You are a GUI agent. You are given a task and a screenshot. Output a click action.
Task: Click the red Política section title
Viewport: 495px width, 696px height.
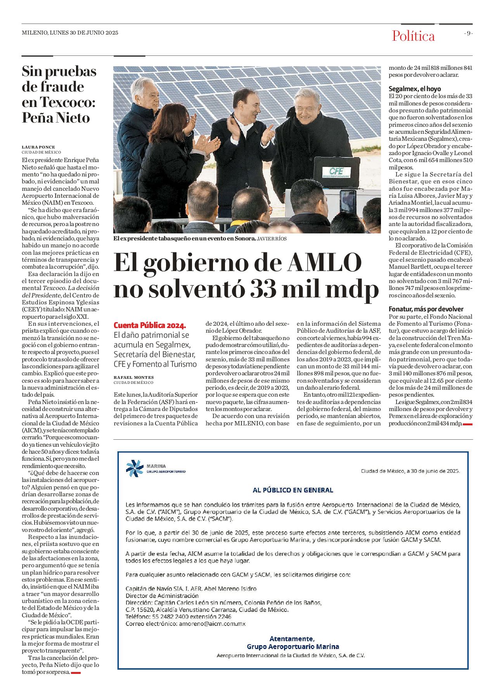[413, 36]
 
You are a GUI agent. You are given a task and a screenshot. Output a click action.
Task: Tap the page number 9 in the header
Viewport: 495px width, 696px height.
[469, 33]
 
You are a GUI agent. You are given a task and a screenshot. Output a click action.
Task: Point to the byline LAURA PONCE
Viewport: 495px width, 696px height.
[38, 147]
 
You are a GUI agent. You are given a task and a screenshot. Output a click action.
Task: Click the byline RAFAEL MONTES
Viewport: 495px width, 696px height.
[133, 377]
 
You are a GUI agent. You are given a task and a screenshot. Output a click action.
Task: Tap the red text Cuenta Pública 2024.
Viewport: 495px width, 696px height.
[150, 325]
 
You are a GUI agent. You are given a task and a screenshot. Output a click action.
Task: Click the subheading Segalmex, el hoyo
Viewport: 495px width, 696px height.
[415, 89]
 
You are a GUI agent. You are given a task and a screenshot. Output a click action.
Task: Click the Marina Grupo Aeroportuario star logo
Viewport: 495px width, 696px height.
[135, 468]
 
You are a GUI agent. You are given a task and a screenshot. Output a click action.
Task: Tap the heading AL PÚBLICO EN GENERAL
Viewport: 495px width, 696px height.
[293, 490]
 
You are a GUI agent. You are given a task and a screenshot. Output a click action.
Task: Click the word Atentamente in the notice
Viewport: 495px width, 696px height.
[292, 639]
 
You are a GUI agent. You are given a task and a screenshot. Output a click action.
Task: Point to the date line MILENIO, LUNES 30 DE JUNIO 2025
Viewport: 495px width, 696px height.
[70, 33]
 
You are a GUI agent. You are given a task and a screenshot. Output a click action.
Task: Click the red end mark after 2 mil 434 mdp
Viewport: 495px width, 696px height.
[467, 424]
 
